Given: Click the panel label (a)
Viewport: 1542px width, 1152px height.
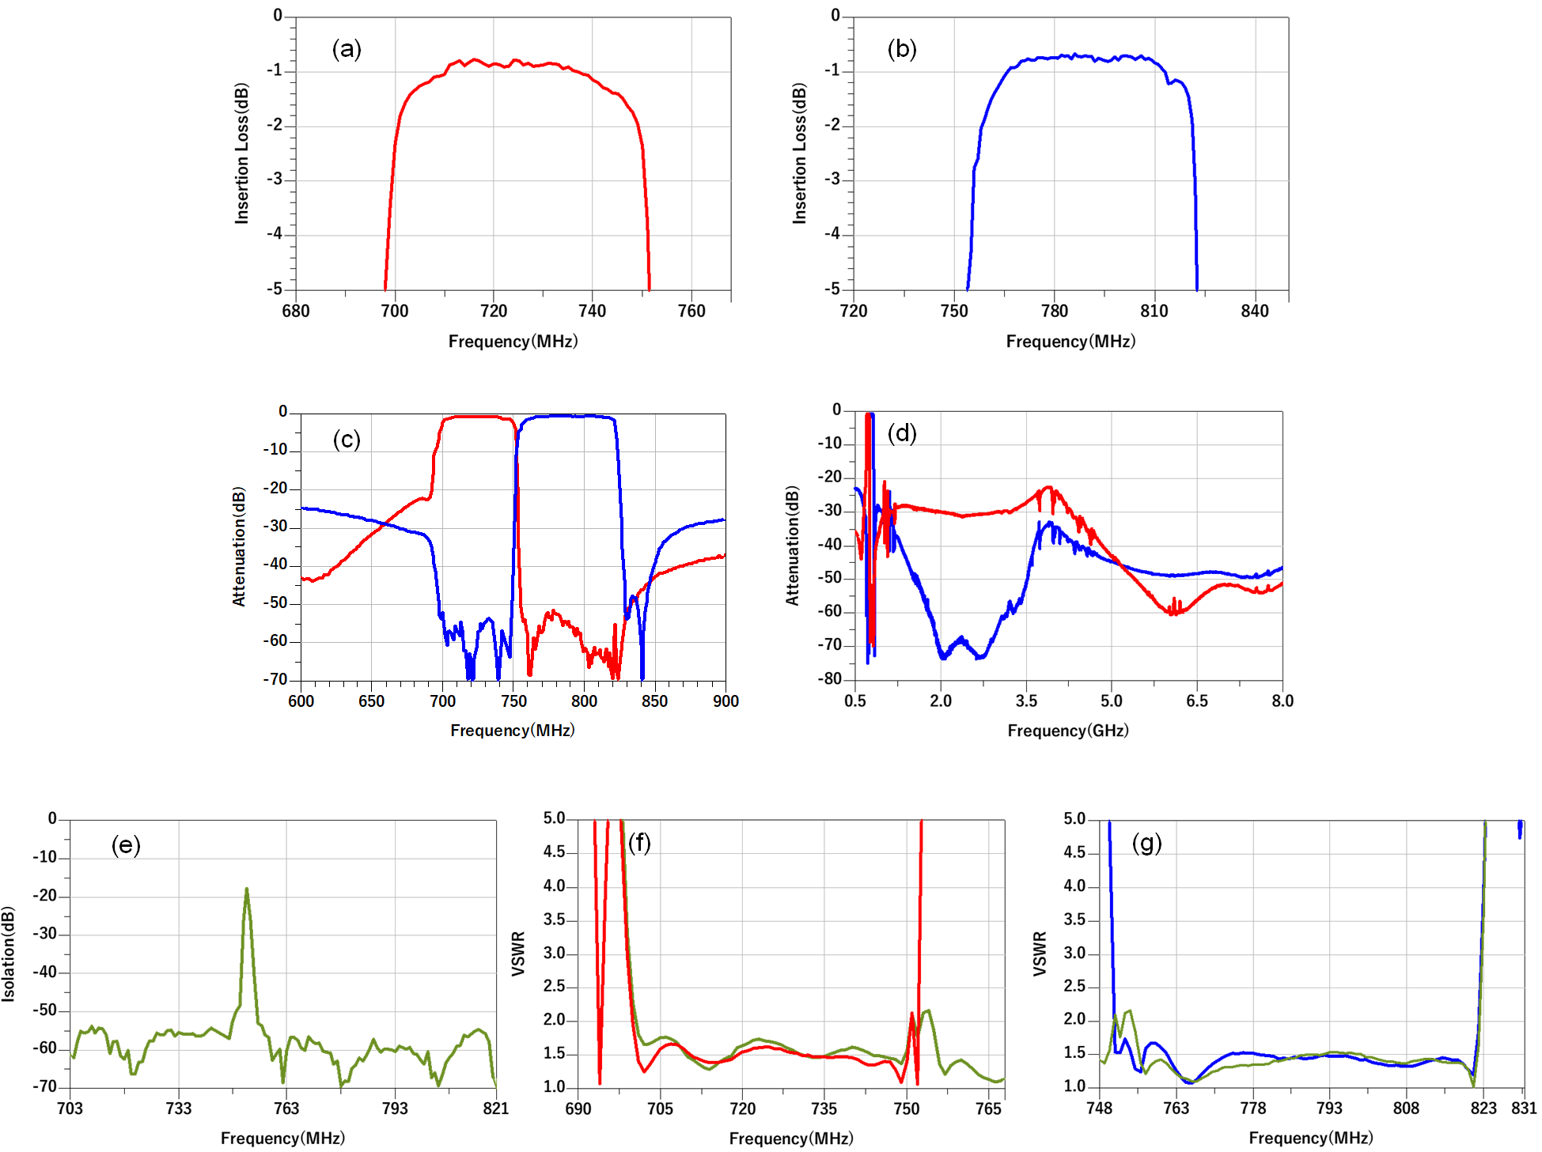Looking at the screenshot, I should (347, 49).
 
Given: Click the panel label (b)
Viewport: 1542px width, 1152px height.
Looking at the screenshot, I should (902, 49).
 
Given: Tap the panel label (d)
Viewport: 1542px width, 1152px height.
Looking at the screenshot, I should (902, 433).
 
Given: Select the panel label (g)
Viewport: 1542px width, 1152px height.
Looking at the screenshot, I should (1146, 843).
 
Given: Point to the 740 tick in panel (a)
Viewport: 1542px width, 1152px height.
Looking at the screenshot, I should (592, 311).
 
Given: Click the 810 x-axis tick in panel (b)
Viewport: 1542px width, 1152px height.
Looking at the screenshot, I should (1154, 311).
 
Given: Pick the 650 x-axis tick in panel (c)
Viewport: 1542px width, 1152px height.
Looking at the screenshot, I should (371, 701).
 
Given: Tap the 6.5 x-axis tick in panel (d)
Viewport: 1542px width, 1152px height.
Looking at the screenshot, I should (1196, 701).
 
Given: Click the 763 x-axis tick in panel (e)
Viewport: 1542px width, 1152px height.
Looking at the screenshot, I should (286, 1109).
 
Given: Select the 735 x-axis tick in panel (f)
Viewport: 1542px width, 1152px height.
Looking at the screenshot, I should (824, 1109).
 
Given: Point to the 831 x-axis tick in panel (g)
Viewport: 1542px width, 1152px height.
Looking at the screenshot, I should (1524, 1109).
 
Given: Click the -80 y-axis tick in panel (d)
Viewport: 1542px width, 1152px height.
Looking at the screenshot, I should (832, 679).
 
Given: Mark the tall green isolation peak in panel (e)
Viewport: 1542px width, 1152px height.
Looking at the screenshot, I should (247, 890).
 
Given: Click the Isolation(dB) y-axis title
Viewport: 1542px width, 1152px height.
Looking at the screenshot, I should (9, 954).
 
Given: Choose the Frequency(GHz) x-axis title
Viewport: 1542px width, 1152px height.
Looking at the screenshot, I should (1067, 731).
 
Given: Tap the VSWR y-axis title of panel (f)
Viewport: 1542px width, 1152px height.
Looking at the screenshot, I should (518, 954).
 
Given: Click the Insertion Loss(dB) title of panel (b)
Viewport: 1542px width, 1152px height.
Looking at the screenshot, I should (800, 153).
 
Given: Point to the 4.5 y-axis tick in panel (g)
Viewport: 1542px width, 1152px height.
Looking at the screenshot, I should (1074, 852).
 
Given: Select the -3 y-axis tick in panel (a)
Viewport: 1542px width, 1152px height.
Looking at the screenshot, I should (275, 179).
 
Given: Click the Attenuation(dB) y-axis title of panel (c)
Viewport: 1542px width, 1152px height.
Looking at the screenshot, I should (239, 546).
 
